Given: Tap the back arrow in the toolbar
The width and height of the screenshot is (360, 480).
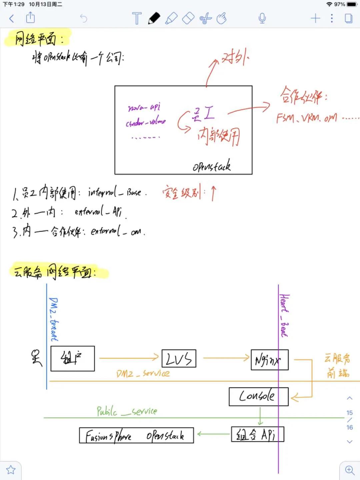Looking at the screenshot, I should [x=12, y=18].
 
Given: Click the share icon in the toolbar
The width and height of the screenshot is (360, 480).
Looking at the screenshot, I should [x=30, y=17].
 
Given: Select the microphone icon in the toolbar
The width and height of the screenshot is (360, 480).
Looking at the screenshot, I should [x=262, y=18].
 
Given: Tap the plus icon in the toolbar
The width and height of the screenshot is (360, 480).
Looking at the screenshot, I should [x=315, y=18].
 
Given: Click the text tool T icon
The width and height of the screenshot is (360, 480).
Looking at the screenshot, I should [x=137, y=18].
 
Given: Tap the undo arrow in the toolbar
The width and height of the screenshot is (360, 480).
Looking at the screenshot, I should [x=83, y=18].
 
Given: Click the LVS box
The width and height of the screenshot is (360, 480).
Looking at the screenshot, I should [x=179, y=359].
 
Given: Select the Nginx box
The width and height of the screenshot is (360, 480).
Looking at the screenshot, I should [x=269, y=360].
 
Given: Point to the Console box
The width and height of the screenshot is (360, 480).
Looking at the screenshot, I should [x=258, y=396].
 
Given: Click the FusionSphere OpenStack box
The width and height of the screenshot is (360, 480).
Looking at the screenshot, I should [x=136, y=435].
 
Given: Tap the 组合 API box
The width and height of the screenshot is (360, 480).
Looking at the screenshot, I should [x=257, y=434].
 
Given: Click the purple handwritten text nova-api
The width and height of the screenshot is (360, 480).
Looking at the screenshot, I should [x=144, y=107].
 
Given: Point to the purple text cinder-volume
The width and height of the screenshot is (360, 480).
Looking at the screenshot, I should [x=146, y=122].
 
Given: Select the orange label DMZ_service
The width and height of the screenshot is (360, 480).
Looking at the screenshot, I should [x=143, y=374].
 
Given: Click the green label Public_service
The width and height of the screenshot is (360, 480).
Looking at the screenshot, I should [x=127, y=411].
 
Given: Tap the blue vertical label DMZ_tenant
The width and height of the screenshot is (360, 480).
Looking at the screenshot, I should [x=53, y=319].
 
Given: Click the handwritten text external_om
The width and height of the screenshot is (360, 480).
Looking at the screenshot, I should [x=118, y=231].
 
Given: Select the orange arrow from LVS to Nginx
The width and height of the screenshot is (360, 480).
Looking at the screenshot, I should [x=226, y=358].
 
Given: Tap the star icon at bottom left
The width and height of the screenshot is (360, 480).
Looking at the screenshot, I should [x=11, y=470].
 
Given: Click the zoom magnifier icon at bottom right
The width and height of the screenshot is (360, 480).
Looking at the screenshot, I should [x=350, y=470].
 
